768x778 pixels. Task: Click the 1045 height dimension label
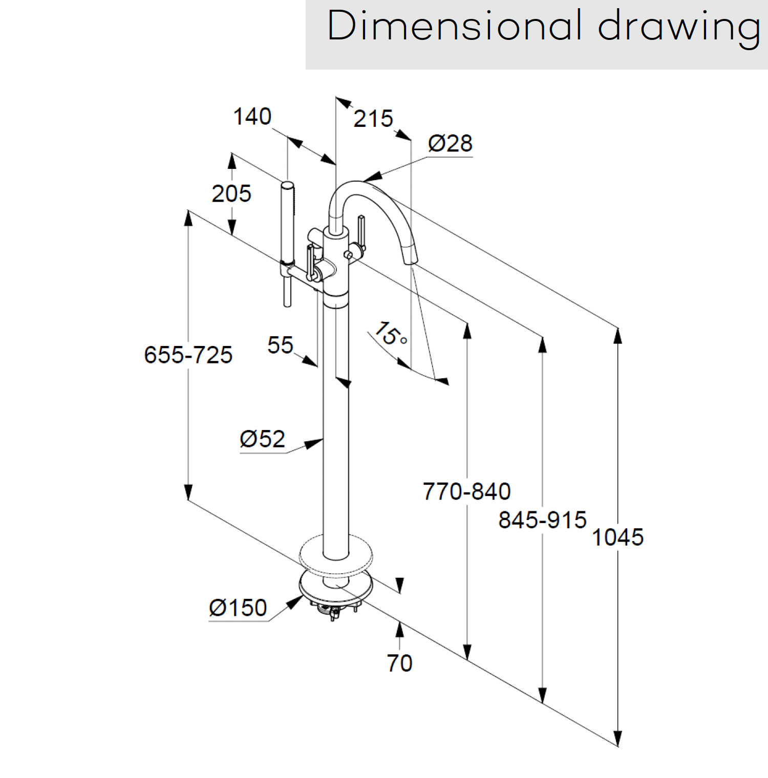click(x=617, y=537)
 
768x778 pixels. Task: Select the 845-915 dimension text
click(x=542, y=520)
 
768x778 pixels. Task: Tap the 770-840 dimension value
click(x=466, y=491)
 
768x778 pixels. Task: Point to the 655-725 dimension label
click(x=188, y=355)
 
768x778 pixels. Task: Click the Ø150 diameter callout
click(x=238, y=608)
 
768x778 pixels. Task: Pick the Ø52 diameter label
click(x=262, y=439)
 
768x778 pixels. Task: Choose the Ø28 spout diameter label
click(x=450, y=143)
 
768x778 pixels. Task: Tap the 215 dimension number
click(x=373, y=119)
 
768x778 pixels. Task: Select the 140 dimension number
click(x=252, y=117)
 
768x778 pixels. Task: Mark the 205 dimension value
click(x=231, y=194)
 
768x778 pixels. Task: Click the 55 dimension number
click(x=280, y=345)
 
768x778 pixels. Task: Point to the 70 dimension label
click(x=399, y=663)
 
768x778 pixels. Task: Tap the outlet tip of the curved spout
click(x=411, y=261)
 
